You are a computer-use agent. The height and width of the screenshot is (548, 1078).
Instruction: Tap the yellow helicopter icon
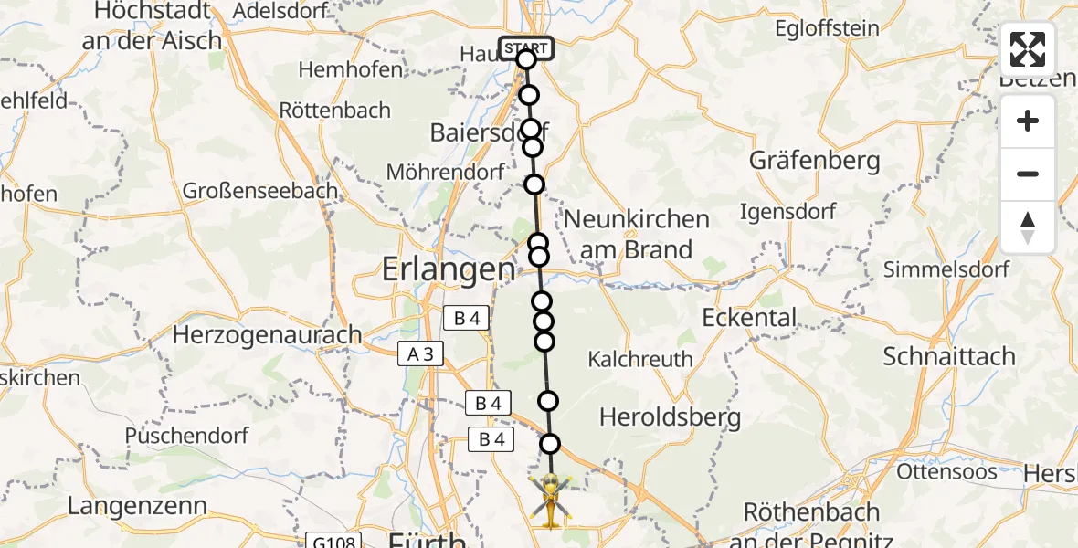pyautogui.click(x=551, y=501)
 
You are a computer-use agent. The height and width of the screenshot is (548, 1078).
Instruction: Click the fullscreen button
pyautogui.click(x=1028, y=49)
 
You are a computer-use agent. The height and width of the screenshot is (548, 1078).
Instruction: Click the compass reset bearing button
pyautogui.click(x=1028, y=227)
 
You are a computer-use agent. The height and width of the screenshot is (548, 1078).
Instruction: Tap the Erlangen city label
pyautogui.click(x=448, y=269)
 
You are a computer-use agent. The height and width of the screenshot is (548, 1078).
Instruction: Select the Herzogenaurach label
pyautogui.click(x=268, y=335)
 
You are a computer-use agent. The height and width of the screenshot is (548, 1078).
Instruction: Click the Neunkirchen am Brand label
pyautogui.click(x=637, y=235)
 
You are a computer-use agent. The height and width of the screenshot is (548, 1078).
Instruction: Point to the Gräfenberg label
pyautogui.click(x=815, y=161)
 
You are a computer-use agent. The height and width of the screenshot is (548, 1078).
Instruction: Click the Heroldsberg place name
pyautogui.click(x=669, y=417)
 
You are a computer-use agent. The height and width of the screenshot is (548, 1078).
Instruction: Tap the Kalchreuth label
pyautogui.click(x=640, y=360)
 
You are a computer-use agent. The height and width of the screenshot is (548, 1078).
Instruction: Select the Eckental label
pyautogui.click(x=749, y=318)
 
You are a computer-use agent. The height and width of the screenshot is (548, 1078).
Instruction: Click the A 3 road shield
pyautogui.click(x=420, y=354)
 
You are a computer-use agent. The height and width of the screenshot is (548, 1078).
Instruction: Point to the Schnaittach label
pyautogui.click(x=949, y=356)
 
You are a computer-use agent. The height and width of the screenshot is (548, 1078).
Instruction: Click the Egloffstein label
pyautogui.click(x=827, y=28)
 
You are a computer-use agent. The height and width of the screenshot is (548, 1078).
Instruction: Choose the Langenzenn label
pyautogui.click(x=137, y=506)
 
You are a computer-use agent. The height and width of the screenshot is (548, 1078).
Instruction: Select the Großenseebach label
pyautogui.click(x=260, y=191)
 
